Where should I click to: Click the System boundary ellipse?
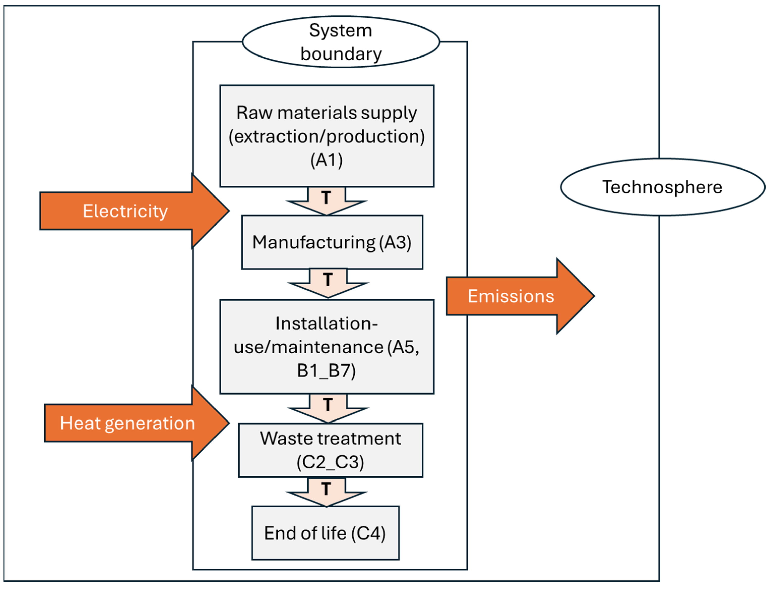pos(340,42)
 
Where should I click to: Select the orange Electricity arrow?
pos(133,211)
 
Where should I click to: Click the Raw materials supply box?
pos(326,136)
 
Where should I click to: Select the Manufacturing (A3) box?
pos(332,242)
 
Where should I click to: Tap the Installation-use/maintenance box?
pos(326,347)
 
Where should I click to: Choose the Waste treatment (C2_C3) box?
pos(330,450)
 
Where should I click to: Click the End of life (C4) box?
pos(325,533)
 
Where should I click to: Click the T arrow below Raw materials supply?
pos(326,200)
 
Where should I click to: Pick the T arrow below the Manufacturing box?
pos(328,282)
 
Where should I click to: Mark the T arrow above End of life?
pos(326,491)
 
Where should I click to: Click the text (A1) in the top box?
pos(326,160)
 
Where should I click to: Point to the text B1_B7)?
pos(326,371)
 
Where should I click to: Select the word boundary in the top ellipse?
pos(341,54)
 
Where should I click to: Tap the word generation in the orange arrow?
pos(150,424)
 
